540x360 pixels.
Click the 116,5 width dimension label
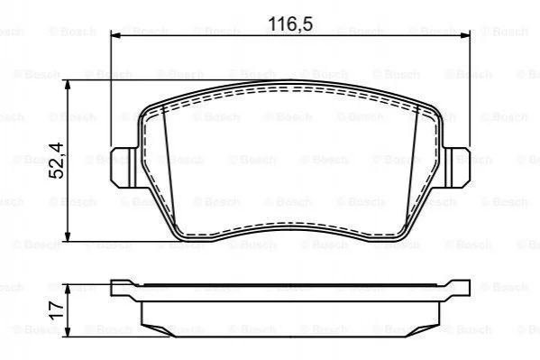point(290,24)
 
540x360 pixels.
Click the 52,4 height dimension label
point(56,161)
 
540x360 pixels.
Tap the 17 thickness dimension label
point(57,310)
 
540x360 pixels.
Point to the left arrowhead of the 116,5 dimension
point(115,35)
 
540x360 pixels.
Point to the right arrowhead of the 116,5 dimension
point(465,35)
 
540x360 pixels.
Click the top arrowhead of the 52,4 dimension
point(68,85)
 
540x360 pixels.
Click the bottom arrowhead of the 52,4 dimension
point(68,236)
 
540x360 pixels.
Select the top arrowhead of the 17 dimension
point(68,289)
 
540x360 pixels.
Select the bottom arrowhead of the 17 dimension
point(68,332)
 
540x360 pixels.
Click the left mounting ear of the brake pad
point(124,168)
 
